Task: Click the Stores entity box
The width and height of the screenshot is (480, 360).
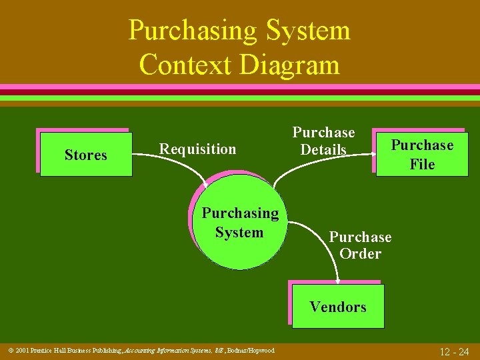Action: click(x=86, y=155)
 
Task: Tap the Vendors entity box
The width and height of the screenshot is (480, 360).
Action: click(x=338, y=307)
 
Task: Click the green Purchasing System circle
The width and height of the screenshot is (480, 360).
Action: click(x=240, y=223)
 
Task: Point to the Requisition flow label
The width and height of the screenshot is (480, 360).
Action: click(x=197, y=149)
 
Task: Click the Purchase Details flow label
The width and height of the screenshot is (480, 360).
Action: click(x=323, y=141)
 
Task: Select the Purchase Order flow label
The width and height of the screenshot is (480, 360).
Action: click(x=360, y=245)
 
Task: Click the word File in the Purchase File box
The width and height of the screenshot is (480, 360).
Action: click(x=422, y=164)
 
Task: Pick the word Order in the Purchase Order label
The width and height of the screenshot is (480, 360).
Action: click(x=360, y=254)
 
